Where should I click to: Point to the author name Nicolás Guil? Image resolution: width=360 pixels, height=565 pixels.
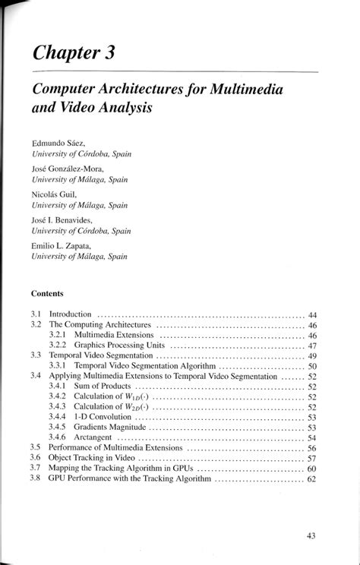[53, 193]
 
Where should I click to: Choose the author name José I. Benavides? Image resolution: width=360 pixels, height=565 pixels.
[64, 219]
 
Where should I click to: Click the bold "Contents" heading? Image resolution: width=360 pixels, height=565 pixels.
[46, 292]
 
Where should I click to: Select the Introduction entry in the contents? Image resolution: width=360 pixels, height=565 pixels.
[71, 314]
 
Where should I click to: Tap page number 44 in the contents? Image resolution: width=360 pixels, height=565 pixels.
[311, 314]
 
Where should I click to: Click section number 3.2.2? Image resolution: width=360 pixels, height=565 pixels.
[59, 345]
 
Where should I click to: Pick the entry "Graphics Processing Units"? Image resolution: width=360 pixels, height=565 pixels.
[118, 345]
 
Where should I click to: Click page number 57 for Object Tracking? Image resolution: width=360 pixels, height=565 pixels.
[311, 458]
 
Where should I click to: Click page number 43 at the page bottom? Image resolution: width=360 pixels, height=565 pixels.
[310, 535]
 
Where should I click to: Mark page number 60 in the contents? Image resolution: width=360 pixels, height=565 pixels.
[311, 469]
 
